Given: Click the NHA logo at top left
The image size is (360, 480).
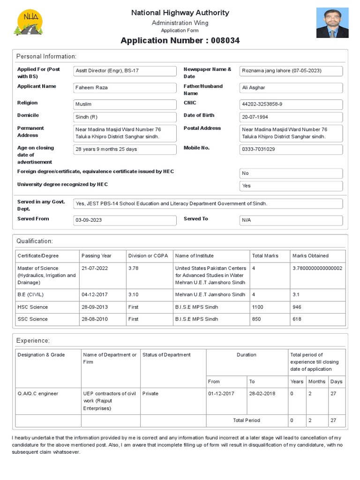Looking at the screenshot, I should (30, 23).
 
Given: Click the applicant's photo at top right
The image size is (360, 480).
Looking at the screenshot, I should (332, 22).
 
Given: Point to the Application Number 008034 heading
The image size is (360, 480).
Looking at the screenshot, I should (180, 41).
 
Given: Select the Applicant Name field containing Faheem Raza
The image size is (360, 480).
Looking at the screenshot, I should (125, 88).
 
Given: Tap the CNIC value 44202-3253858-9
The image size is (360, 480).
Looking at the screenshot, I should (291, 104).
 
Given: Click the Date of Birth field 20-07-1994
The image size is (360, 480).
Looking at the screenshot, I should (291, 117).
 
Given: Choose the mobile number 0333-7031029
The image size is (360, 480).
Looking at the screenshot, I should (291, 149).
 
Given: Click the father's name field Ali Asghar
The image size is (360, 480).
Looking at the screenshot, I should (291, 88).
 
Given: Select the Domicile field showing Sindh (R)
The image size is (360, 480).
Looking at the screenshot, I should (125, 117).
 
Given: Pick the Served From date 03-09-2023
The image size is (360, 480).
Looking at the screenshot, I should (125, 220).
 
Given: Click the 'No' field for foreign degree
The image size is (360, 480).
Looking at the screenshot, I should (291, 173).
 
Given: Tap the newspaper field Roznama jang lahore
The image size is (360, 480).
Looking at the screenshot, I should (291, 71).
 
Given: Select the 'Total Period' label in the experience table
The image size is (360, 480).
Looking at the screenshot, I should (247, 420).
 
